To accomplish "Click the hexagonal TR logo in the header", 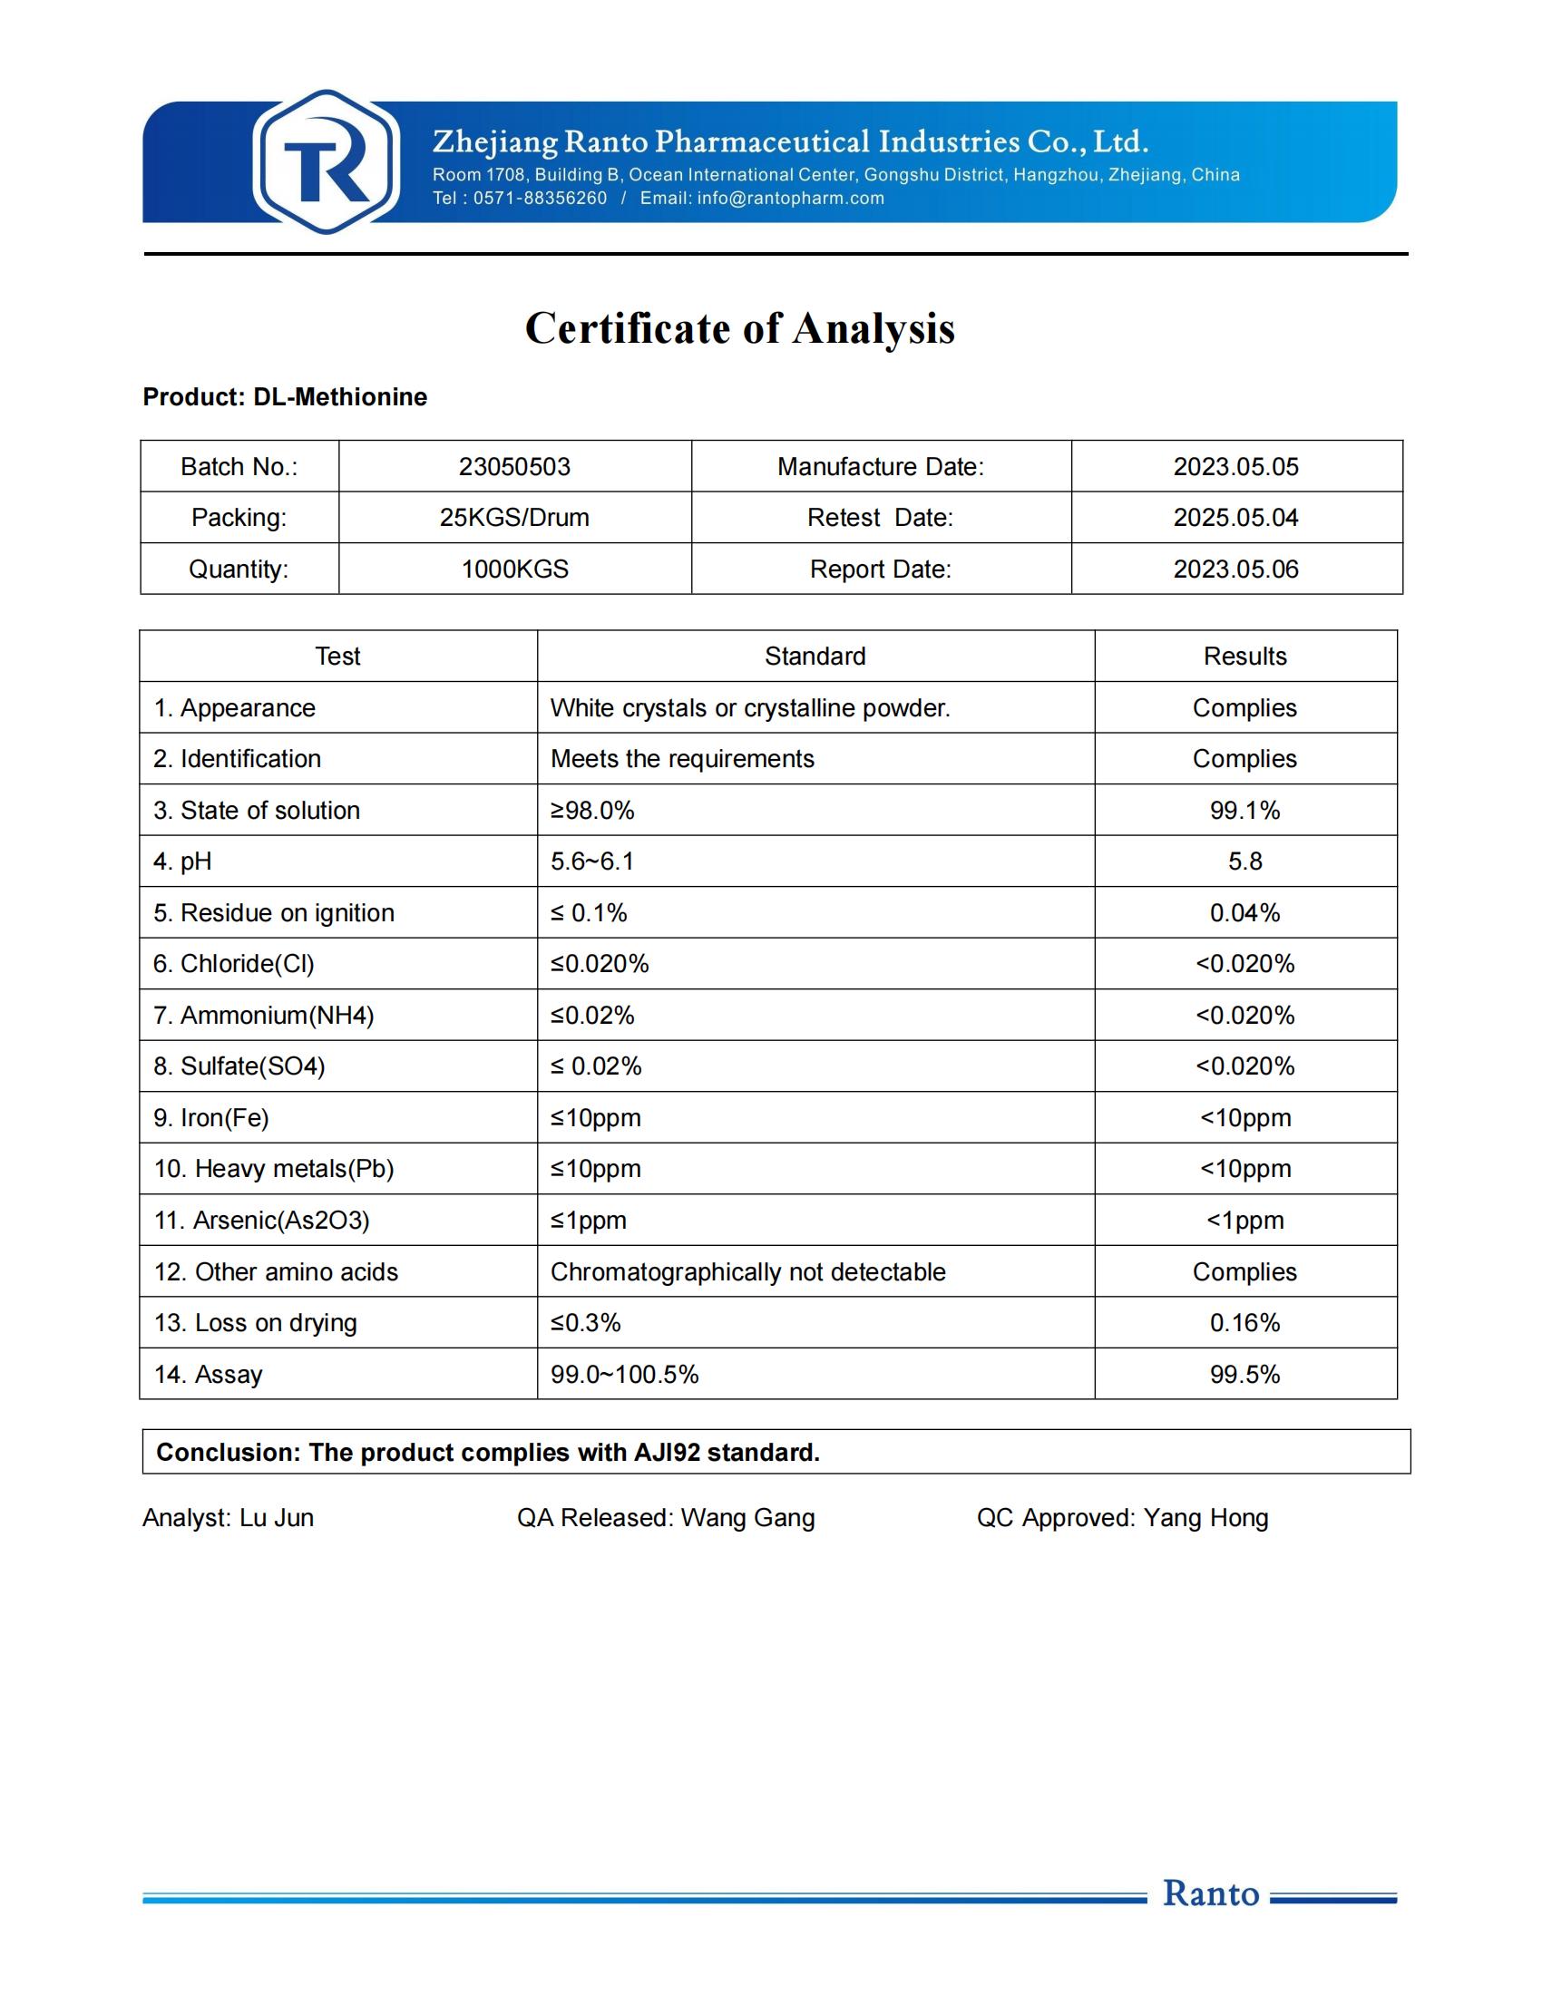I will (327, 162).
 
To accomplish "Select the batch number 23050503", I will (514, 467).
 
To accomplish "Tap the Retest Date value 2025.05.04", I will (1235, 518).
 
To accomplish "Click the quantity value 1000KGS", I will (514, 569).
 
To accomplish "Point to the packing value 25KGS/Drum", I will (514, 518).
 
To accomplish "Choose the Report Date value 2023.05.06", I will (1235, 569).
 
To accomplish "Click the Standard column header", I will (815, 656).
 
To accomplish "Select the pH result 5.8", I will (1244, 861).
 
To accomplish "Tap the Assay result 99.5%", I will (1244, 1374).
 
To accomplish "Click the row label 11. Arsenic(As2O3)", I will (261, 1221).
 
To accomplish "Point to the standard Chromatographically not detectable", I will (747, 1271).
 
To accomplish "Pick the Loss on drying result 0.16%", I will (1244, 1323).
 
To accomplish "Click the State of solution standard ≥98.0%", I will (592, 810).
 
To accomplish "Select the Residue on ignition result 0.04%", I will (1244, 912).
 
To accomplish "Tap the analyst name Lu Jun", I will (276, 1517).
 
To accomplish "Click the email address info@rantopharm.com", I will (790, 199).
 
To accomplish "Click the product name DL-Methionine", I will (340, 397).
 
